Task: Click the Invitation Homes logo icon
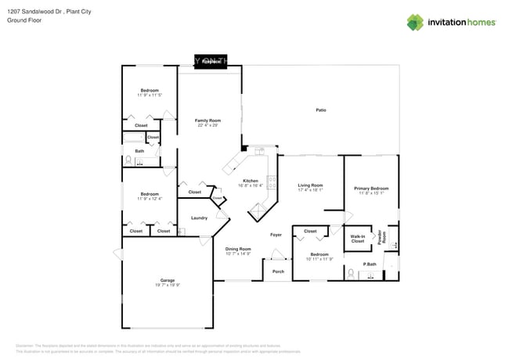415,22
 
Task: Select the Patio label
321,110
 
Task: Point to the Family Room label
208,121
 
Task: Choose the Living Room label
310,185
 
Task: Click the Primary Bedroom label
371,188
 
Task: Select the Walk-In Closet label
358,239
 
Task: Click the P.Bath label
369,265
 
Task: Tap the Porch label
278,272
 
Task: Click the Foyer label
276,234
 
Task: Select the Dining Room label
239,249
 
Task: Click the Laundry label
199,218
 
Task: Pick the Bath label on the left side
139,151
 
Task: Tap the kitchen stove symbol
272,182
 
